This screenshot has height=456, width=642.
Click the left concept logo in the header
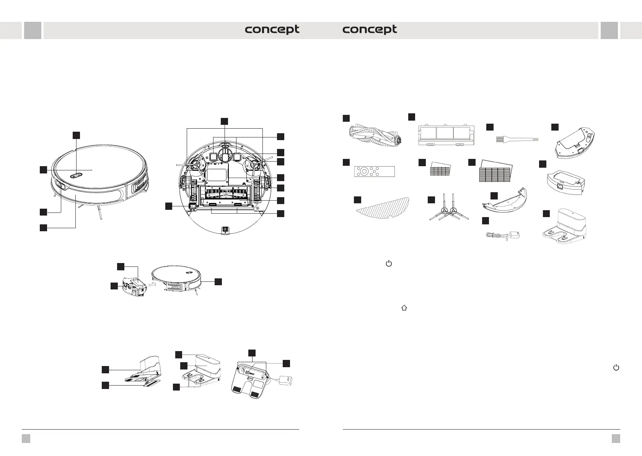(x=272, y=30)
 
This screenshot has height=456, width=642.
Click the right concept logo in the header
(x=370, y=30)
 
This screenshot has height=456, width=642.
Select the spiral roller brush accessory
(x=375, y=136)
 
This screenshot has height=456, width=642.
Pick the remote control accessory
(x=374, y=171)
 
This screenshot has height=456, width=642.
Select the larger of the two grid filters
(x=495, y=171)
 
